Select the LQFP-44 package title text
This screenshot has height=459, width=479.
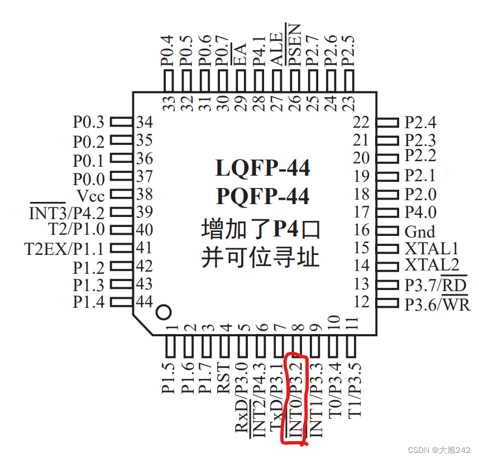point(262,167)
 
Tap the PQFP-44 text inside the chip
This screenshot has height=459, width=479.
point(262,196)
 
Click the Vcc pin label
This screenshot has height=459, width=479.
point(90,196)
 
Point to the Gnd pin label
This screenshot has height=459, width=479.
point(420,231)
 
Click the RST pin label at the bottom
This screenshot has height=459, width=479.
point(224,379)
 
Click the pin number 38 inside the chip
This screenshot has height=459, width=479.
point(145,195)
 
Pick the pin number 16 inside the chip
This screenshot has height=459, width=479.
point(361,230)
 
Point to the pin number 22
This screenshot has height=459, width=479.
point(361,122)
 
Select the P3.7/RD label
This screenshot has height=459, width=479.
point(435,285)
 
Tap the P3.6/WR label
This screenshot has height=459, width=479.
point(437,305)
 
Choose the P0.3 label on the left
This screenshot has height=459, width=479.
point(88,122)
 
